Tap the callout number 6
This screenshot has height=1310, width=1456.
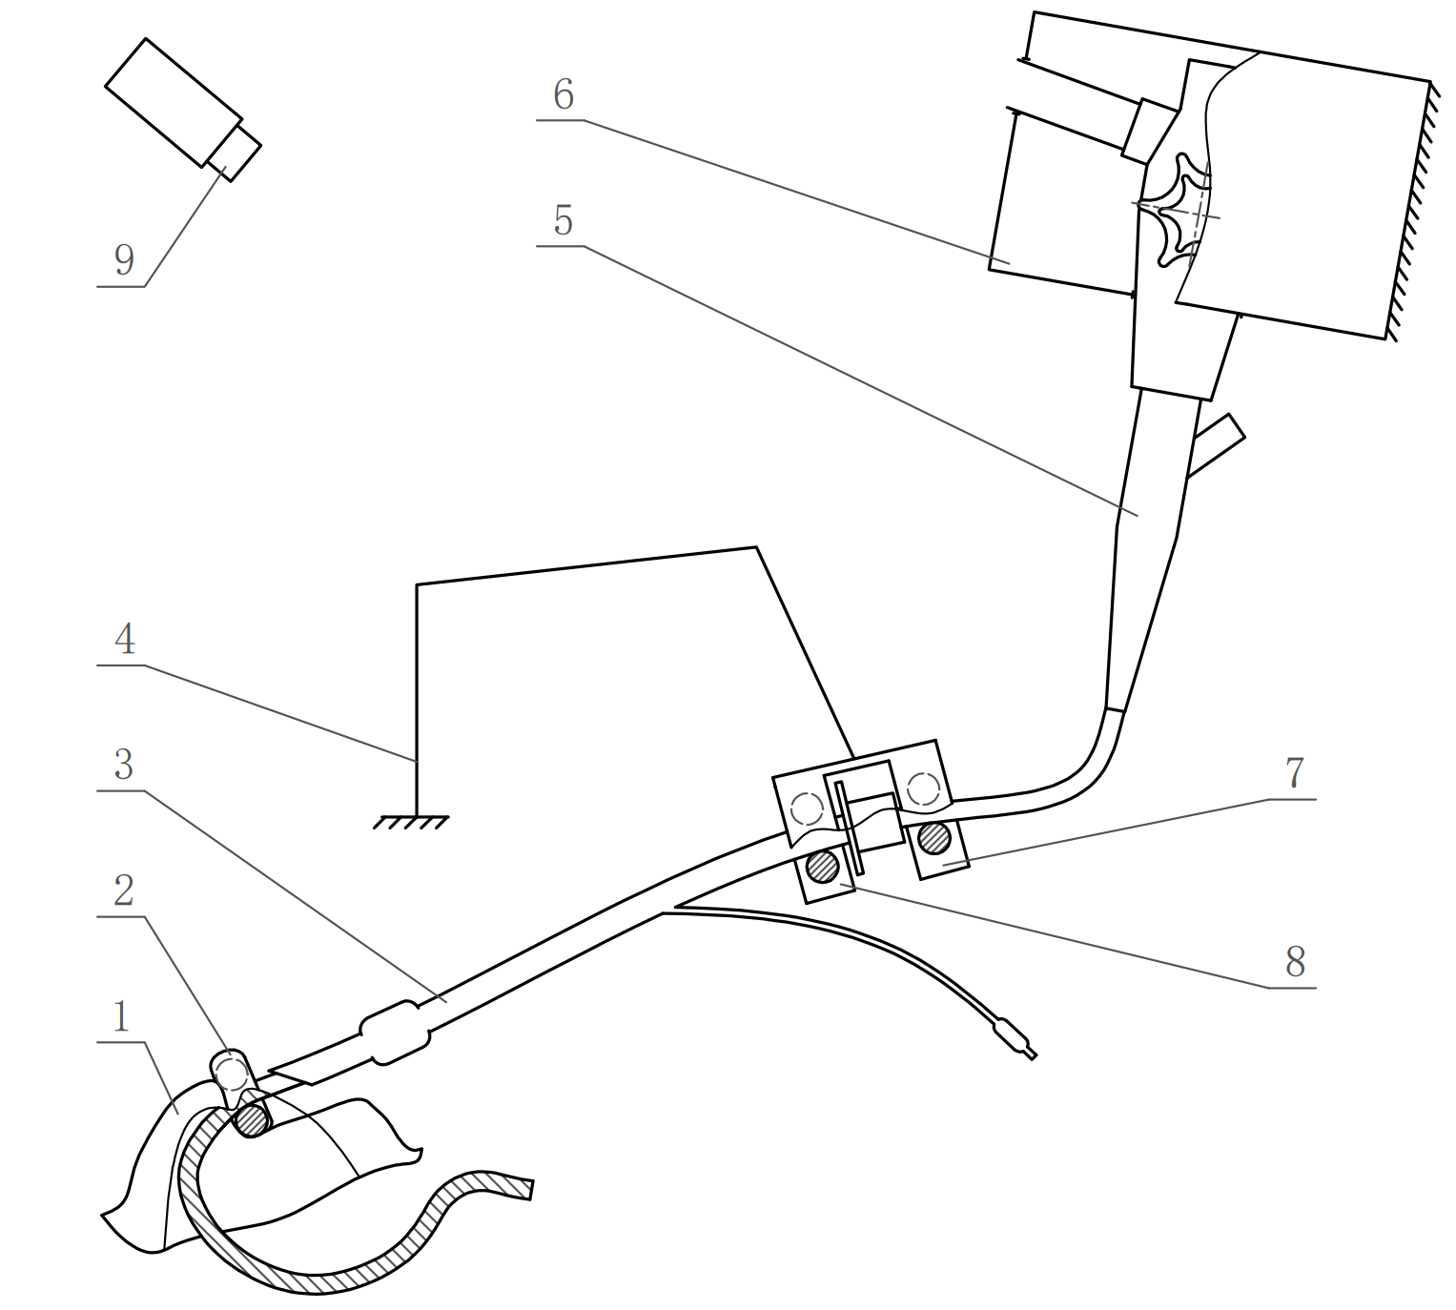coord(563,94)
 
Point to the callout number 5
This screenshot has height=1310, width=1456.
coord(563,220)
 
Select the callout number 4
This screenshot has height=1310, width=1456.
coord(124,639)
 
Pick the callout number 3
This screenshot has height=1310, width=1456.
coord(124,765)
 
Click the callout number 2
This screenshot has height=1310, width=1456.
coord(124,891)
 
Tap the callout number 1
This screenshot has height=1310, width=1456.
coord(121,1017)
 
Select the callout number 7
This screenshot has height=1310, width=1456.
coord(1293,772)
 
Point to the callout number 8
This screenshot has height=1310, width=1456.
coord(1294,962)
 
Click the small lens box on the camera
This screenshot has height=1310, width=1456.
coord(235,150)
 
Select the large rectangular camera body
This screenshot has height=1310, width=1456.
coord(172,101)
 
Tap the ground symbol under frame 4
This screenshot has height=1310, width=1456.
coord(411,821)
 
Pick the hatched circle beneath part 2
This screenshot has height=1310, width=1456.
coord(253,1119)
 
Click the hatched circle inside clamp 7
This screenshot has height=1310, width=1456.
coord(934,838)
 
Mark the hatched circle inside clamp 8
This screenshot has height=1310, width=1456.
coord(822,867)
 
